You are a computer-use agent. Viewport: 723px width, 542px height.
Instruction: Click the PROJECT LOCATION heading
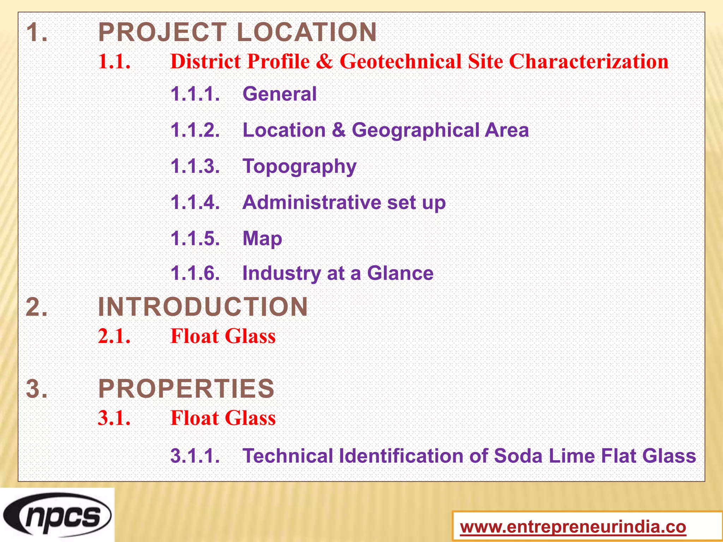point(237,32)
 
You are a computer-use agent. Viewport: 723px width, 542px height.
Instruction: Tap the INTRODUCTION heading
point(203,307)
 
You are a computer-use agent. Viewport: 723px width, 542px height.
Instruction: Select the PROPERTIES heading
point(186,389)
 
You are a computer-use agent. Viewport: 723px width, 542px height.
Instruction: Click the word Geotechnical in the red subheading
point(400,61)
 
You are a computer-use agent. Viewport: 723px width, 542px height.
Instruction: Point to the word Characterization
point(588,61)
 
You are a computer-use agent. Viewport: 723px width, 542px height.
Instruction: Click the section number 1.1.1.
point(195,94)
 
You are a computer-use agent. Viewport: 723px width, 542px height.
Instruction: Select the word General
point(280,94)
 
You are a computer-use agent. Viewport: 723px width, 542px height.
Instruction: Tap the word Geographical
point(415,130)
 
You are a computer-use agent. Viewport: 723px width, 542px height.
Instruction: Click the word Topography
point(299,167)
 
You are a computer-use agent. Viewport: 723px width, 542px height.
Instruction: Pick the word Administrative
point(312,203)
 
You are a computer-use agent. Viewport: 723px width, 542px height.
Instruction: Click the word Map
point(262,239)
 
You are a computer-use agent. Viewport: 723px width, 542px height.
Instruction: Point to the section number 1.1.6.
point(195,273)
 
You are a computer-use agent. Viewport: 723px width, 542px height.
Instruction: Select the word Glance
point(400,273)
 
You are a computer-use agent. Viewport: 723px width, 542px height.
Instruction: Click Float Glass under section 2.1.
point(223,336)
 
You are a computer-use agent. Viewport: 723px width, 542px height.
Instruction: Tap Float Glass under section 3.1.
point(223,418)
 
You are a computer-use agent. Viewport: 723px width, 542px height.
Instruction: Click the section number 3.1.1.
point(195,456)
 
